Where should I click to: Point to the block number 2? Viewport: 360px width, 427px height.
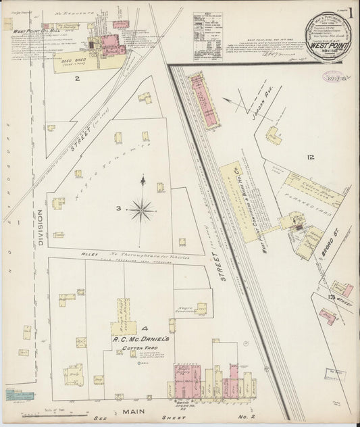point(77,79)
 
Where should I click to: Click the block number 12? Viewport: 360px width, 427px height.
point(310,157)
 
